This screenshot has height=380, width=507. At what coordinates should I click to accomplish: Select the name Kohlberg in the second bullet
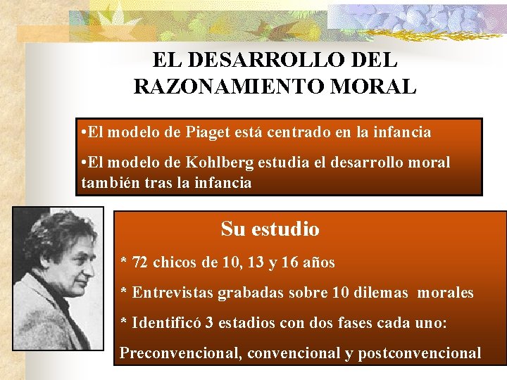coord(225,163)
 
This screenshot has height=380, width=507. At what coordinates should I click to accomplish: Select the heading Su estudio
coord(270,229)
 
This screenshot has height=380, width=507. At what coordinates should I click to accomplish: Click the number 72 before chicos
coord(140,262)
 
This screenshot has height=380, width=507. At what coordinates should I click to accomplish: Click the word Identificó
coord(165,322)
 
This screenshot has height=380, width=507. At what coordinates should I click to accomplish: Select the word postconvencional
coord(419,353)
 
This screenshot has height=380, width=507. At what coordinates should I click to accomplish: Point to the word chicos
coord(177,262)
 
